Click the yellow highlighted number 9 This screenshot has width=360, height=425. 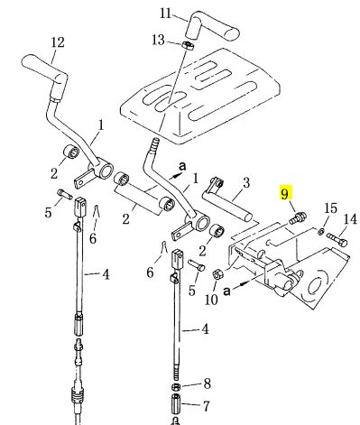tap(284, 193)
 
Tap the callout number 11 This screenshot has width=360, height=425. tap(165, 14)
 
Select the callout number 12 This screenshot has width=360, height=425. tap(58, 42)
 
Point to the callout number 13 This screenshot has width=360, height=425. tap(158, 40)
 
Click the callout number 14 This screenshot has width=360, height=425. tap(350, 219)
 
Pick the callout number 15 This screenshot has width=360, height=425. tap(330, 208)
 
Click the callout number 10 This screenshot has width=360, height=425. tap(211, 300)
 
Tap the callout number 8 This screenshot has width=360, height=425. tap(208, 383)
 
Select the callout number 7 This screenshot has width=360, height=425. tap(206, 406)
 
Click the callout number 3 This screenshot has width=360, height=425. tap(246, 182)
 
